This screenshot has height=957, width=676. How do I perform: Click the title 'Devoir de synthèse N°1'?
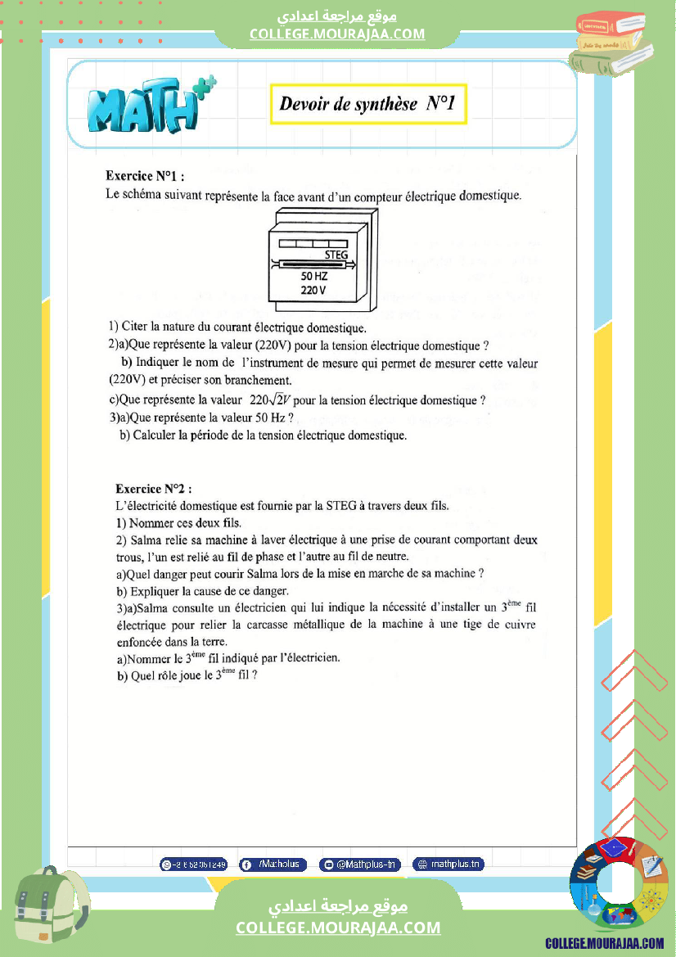click(367, 104)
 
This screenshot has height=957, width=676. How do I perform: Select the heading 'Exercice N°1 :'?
click(145, 176)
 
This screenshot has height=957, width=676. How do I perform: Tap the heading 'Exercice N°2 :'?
click(154, 489)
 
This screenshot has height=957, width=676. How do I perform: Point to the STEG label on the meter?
click(336, 255)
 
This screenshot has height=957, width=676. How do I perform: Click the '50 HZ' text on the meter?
click(315, 277)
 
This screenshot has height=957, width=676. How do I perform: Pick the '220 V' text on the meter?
click(313, 290)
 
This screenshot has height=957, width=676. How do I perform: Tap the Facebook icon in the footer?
click(246, 864)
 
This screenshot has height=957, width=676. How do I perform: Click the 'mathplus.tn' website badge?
click(448, 864)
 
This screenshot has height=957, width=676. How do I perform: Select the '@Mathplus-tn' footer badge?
click(360, 864)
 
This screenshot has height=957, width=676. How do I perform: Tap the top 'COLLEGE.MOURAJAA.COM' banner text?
click(337, 34)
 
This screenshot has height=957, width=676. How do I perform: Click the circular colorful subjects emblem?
click(619, 885)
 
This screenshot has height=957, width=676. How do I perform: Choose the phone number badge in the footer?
click(193, 864)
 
